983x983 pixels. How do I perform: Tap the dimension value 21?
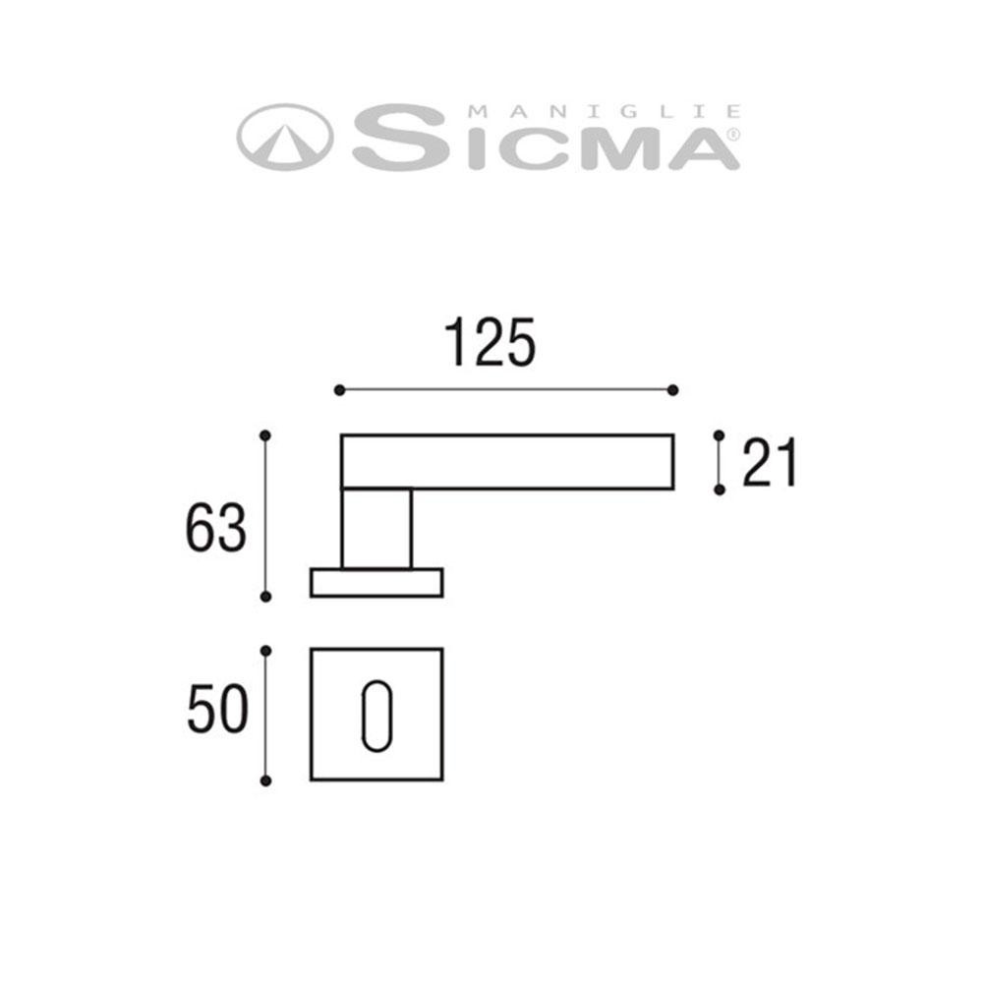(x=770, y=463)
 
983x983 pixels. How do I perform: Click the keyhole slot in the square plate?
(x=375, y=715)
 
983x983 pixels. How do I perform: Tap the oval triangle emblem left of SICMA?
(x=285, y=137)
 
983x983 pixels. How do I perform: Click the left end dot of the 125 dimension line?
(x=339, y=390)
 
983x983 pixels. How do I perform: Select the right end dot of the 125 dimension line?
(x=673, y=390)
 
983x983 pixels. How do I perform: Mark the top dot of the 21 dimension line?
(x=719, y=434)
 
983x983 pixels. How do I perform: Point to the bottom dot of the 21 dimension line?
(x=719, y=489)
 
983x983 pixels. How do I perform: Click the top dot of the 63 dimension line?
(x=264, y=434)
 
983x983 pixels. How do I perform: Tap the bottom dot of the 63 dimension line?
(x=264, y=596)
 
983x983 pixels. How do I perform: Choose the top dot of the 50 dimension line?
(x=264, y=650)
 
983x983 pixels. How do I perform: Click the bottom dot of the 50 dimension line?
(x=264, y=781)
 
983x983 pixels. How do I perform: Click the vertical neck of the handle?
(x=376, y=528)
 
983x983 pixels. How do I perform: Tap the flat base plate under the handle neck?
(x=376, y=582)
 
